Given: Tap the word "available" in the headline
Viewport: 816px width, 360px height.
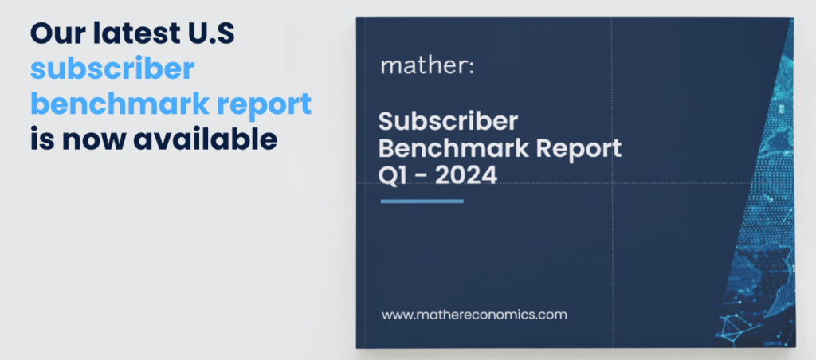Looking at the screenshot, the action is click(205, 139).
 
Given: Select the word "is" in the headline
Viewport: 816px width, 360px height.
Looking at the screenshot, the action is click(41, 139).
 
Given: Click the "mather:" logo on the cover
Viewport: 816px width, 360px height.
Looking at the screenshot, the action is click(427, 66).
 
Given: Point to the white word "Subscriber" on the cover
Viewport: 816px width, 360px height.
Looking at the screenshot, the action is click(448, 121).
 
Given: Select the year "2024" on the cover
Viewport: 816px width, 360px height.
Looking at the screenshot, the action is click(465, 176).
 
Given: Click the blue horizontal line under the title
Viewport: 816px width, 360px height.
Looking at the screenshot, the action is click(422, 201).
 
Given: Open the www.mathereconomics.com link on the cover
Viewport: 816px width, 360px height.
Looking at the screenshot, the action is click(474, 315).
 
